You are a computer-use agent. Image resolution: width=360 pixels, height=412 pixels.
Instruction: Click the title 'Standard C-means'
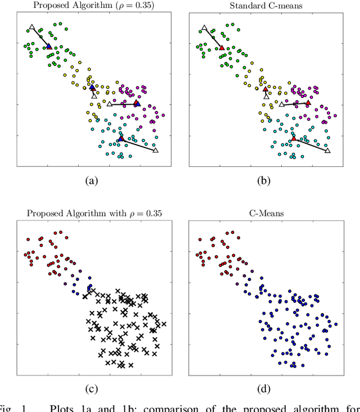(263, 6)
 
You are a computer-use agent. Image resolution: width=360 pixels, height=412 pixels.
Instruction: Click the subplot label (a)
(91, 181)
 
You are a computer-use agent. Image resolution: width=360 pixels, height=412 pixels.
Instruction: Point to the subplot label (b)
(263, 181)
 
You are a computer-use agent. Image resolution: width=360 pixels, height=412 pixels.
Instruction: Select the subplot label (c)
(91, 388)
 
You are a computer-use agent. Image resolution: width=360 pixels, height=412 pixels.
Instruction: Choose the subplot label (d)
(263, 388)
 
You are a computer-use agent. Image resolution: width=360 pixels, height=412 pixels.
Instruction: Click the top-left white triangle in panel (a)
(32, 27)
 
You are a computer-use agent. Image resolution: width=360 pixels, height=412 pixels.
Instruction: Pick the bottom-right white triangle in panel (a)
(156, 150)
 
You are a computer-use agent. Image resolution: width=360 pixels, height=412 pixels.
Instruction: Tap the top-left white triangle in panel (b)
(204, 27)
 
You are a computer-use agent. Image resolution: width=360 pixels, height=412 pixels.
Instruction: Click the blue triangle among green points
(49, 47)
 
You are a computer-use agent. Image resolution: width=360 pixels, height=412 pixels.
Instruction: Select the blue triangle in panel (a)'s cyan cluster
(121, 138)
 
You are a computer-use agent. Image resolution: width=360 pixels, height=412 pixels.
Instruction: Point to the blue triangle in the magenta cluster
(136, 103)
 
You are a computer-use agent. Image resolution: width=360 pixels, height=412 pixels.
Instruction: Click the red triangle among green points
(222, 47)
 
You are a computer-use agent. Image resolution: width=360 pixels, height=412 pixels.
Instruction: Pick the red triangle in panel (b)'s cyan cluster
(293, 138)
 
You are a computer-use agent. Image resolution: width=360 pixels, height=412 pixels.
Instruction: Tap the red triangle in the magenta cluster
(308, 103)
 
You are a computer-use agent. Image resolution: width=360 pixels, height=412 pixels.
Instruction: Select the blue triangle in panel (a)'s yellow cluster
(92, 87)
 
